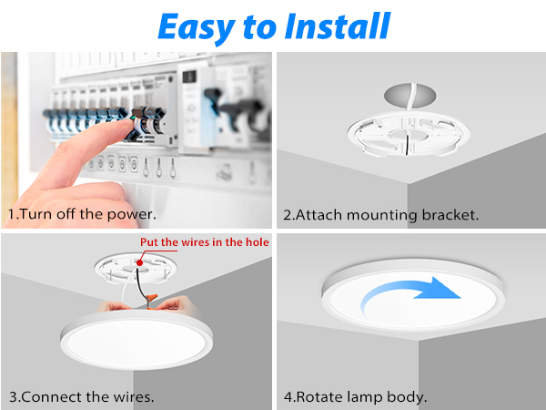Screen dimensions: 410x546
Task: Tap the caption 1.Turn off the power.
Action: click(x=83, y=215)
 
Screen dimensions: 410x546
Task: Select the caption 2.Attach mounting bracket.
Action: click(x=380, y=216)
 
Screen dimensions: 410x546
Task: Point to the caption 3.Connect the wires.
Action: click(x=81, y=397)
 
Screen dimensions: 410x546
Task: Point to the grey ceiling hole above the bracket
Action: click(x=405, y=96)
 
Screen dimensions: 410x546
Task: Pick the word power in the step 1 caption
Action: click(x=132, y=216)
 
